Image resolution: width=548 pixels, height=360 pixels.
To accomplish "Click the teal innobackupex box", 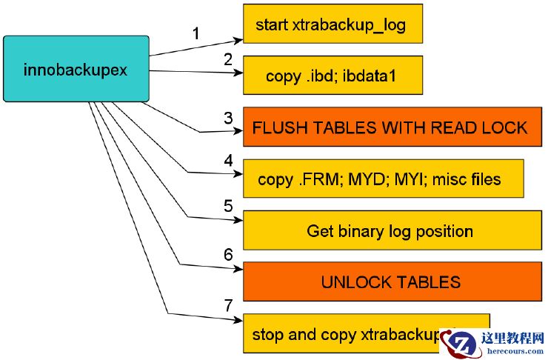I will [x=76, y=68].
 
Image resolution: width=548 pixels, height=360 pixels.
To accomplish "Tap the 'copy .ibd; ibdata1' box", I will [x=333, y=76].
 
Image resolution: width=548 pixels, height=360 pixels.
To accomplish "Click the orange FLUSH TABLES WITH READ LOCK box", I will [x=389, y=127].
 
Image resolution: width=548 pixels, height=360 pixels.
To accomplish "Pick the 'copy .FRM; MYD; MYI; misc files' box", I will [x=383, y=179].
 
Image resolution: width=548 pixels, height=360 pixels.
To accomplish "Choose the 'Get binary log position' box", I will [x=389, y=231].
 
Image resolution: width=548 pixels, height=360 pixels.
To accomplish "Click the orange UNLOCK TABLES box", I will [x=389, y=282].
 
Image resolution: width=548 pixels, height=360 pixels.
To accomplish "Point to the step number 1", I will [x=196, y=33].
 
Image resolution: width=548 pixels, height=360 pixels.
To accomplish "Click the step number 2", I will [x=228, y=60].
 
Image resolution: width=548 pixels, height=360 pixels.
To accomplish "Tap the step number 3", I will [x=229, y=117].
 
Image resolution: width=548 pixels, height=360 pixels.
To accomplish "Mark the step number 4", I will [x=228, y=160].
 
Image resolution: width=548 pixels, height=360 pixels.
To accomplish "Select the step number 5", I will [x=228, y=204].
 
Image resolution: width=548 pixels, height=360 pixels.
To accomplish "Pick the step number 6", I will [x=228, y=254].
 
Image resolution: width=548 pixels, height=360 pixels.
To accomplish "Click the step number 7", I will [x=228, y=305].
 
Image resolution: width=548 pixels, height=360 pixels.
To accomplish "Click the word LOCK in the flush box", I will [x=505, y=127].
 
